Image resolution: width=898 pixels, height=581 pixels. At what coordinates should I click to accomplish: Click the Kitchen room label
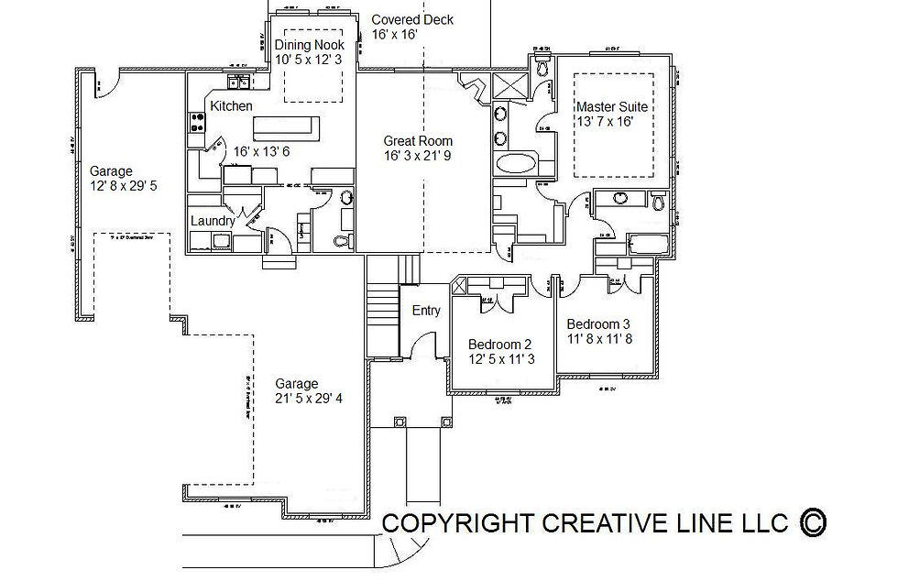231,106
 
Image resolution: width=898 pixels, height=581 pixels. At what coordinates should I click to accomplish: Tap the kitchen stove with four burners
196,123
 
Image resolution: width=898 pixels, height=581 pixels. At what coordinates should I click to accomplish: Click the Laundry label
213,221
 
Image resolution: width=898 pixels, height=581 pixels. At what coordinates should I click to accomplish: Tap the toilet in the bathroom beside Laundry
341,241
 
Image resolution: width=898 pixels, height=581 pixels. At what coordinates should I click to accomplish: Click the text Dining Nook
310,44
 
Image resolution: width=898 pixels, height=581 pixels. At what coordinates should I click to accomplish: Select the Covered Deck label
411,19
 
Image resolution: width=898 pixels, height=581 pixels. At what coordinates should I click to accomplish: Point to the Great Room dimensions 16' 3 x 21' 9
418,156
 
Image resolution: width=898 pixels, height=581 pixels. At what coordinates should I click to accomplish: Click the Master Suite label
611,106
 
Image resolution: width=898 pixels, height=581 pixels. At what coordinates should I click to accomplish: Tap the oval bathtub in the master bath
516,165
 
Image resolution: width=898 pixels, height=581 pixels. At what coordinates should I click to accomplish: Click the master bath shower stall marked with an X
507,87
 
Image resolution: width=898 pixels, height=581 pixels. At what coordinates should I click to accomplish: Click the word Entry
426,311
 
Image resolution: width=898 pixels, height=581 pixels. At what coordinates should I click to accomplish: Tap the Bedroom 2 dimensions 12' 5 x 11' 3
501,359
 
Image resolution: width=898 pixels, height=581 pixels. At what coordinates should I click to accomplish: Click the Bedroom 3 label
598,323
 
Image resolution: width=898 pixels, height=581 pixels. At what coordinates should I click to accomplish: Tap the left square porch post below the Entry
399,422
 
